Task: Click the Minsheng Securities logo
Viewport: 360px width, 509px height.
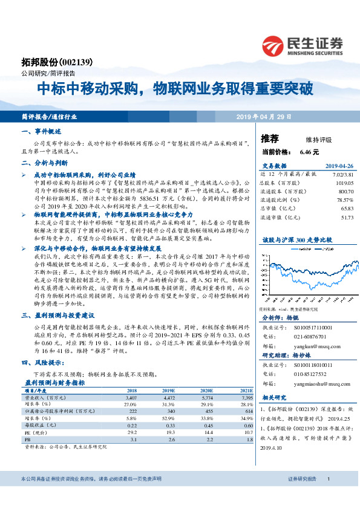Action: (x=302, y=45)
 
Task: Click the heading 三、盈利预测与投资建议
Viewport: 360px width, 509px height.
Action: (x=57, y=315)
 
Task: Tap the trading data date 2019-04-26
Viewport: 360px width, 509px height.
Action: (x=339, y=166)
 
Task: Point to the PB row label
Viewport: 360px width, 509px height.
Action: (x=27, y=439)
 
